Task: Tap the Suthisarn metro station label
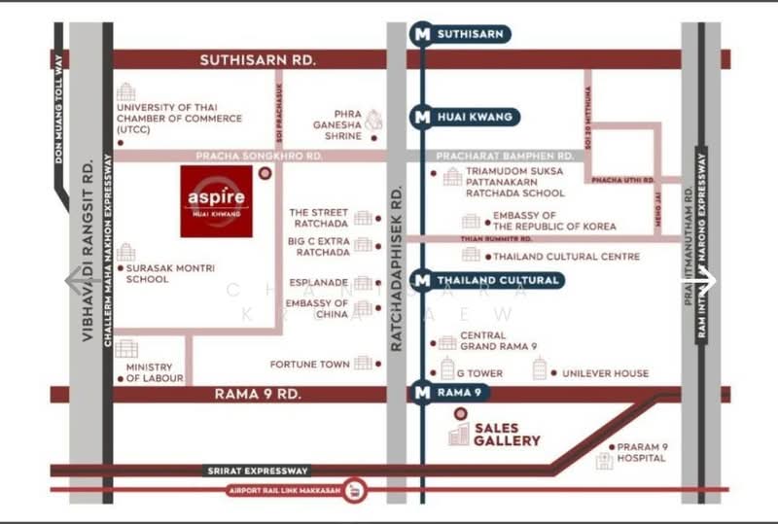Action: click(470, 34)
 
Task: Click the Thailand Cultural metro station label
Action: click(498, 280)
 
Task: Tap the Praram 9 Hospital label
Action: click(642, 452)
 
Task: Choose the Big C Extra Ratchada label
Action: click(318, 246)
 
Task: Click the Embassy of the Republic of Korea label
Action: click(553, 221)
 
